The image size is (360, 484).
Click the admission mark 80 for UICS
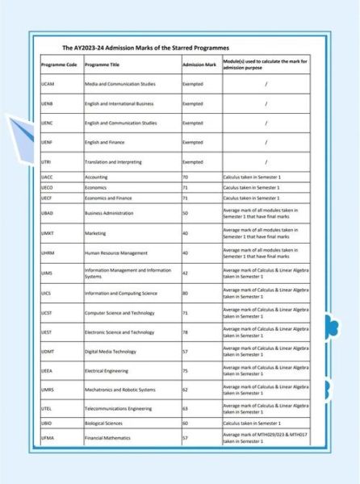coord(185,293)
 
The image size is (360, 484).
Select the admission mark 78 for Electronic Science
coord(185,332)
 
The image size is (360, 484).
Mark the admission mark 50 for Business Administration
coord(185,213)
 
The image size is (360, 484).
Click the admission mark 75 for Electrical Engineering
coord(185,370)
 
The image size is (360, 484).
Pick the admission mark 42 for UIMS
coord(185,273)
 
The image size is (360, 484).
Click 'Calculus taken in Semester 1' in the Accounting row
coord(252,177)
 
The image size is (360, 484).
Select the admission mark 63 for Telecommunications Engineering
coord(185,409)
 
